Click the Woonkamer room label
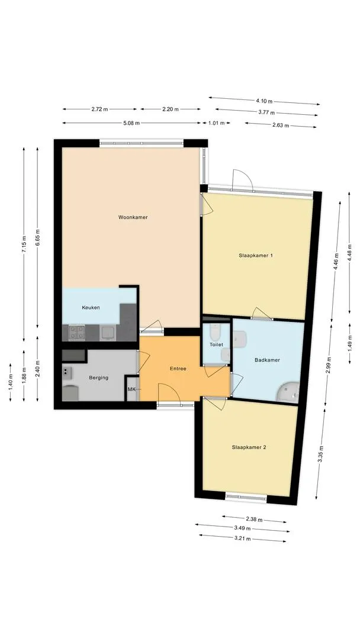(x=133, y=217)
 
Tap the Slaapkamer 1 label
(x=256, y=256)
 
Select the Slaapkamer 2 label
(x=249, y=447)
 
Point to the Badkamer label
(x=267, y=360)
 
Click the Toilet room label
(x=217, y=345)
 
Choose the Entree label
(x=178, y=369)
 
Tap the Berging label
(x=99, y=377)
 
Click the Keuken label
(x=91, y=308)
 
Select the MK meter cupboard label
(x=131, y=389)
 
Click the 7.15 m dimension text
(x=24, y=246)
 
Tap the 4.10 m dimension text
(x=264, y=101)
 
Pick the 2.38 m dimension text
(x=254, y=519)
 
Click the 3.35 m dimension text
(x=321, y=454)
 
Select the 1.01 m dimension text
(x=216, y=122)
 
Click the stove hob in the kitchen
(x=76, y=332)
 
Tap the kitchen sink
(x=108, y=333)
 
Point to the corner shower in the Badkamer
(x=288, y=392)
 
